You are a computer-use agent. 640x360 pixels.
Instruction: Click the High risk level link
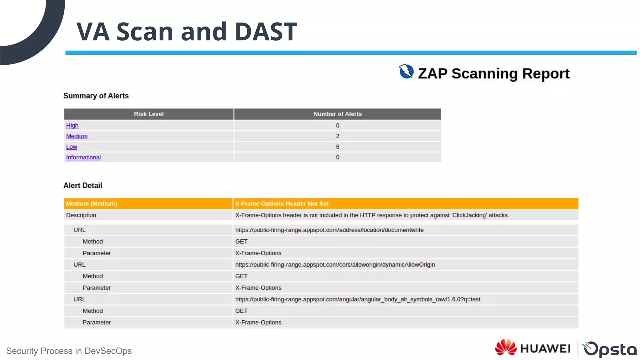coord(72,126)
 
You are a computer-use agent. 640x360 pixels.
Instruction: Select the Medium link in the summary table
coord(77,136)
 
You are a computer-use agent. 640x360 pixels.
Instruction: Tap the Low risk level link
coord(72,147)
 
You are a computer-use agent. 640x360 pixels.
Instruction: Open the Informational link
coord(83,157)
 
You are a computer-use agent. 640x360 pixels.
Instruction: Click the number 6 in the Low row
coord(337,147)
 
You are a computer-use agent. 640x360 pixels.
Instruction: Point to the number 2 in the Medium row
coord(337,136)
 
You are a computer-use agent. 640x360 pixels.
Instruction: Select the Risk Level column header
coord(149,114)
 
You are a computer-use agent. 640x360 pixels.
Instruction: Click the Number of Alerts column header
coord(337,114)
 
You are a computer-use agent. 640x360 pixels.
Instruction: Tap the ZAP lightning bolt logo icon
coord(406,71)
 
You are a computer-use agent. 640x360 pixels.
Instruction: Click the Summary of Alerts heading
coord(96,96)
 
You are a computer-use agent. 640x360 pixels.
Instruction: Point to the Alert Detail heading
coord(83,186)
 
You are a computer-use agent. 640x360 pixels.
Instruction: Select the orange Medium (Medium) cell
coord(92,204)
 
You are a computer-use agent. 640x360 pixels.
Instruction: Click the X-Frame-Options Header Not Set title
coord(282,204)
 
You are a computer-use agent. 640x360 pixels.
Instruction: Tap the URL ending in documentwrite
coord(329,230)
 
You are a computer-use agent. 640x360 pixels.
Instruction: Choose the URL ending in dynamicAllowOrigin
coord(335,265)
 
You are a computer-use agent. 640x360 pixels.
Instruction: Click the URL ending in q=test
coord(358,299)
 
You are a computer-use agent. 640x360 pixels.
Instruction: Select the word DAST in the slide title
coord(266,32)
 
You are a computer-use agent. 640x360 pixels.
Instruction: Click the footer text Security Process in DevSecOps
coord(69,351)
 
